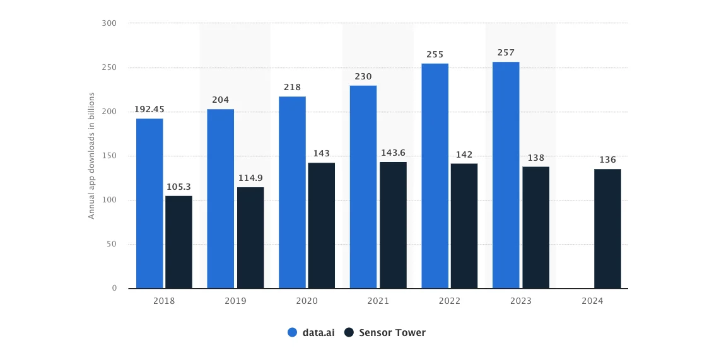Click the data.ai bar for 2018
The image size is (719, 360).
[149, 203]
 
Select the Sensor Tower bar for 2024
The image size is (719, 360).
[607, 228]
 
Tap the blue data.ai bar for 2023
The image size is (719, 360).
[506, 175]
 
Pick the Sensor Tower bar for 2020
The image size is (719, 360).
[322, 225]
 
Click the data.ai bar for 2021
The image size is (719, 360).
[363, 187]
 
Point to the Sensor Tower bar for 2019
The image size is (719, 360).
[250, 237]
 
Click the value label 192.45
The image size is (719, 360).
[149, 110]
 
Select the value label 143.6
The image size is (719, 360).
[393, 153]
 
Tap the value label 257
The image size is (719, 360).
[506, 52]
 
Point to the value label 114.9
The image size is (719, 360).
[250, 178]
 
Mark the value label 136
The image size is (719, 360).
[607, 160]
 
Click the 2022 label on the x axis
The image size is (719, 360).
[450, 301]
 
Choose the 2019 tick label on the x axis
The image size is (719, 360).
[235, 301]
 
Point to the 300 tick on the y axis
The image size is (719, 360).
[110, 23]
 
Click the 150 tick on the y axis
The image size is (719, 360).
[110, 156]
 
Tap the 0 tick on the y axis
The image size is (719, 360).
[114, 288]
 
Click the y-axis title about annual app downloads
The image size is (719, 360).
[91, 156]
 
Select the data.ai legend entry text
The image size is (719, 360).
[319, 332]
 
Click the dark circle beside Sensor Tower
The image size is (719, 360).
[349, 332]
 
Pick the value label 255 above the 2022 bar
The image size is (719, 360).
[435, 54]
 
